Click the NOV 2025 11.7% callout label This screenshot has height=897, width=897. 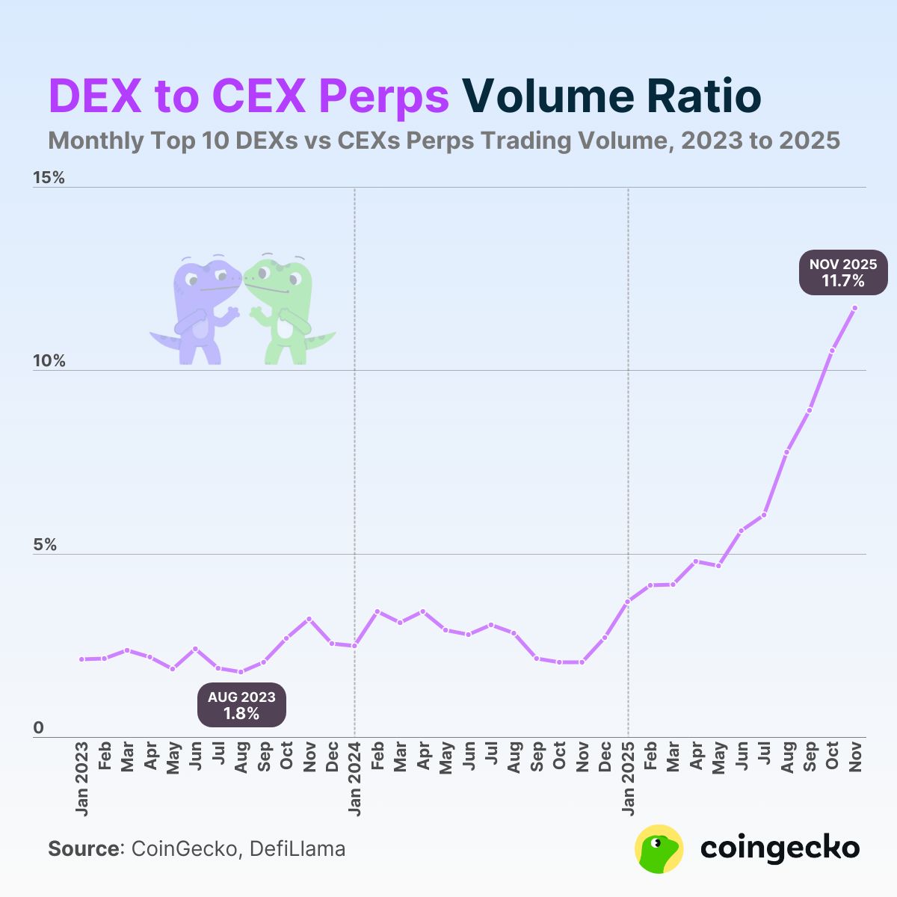(x=843, y=273)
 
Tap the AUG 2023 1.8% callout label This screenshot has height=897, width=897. (x=241, y=705)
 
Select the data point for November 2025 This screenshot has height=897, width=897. (x=854, y=308)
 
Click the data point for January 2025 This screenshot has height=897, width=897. (x=628, y=601)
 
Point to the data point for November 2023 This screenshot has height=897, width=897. (x=309, y=619)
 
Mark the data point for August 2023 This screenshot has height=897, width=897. (x=241, y=672)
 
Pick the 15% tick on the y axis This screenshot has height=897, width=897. (x=49, y=178)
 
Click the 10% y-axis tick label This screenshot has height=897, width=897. (x=49, y=362)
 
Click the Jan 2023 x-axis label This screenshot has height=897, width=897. (x=81, y=778)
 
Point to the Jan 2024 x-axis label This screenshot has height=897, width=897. (x=355, y=778)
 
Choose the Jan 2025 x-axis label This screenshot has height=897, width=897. (x=628, y=778)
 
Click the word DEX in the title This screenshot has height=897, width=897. (x=96, y=96)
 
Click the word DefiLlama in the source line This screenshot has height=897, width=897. (x=298, y=849)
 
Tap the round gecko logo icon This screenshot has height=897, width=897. (x=659, y=848)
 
